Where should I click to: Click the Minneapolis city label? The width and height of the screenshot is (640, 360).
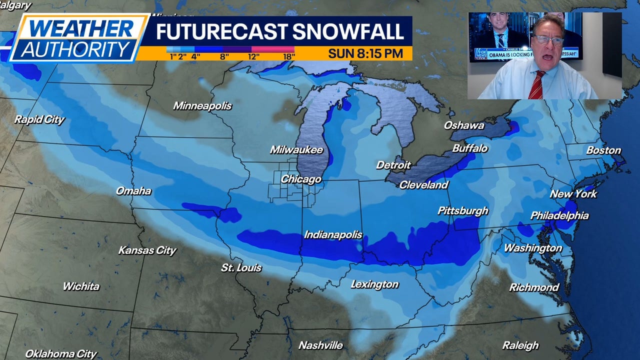click(x=202, y=106)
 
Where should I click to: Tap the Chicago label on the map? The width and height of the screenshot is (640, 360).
click(x=300, y=179)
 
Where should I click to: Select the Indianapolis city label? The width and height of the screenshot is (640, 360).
click(x=333, y=235)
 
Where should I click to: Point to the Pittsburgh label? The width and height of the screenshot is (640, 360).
click(x=462, y=211)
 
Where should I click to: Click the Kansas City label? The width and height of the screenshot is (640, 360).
click(x=147, y=250)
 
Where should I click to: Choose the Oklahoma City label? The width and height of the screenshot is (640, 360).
click(x=61, y=353)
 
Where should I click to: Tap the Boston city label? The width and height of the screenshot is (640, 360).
click(x=603, y=150)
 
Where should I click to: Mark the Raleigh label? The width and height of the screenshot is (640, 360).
click(x=520, y=345)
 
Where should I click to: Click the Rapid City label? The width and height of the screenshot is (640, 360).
click(x=39, y=119)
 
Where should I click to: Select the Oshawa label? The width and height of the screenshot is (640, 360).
click(x=464, y=125)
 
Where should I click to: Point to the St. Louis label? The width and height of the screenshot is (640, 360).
click(x=241, y=268)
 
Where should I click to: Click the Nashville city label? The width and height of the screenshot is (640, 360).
click(x=320, y=345)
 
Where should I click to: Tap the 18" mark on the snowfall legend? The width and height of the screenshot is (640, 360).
click(x=288, y=56)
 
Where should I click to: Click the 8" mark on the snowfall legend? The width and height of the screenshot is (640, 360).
click(x=224, y=56)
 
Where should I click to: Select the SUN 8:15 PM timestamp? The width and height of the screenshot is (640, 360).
click(x=365, y=53)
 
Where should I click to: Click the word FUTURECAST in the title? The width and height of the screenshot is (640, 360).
click(x=220, y=31)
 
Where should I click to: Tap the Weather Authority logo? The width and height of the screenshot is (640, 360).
click(x=77, y=38)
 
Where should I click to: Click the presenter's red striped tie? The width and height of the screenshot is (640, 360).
click(x=536, y=85)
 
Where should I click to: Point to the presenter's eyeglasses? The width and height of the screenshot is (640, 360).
click(x=547, y=39)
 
